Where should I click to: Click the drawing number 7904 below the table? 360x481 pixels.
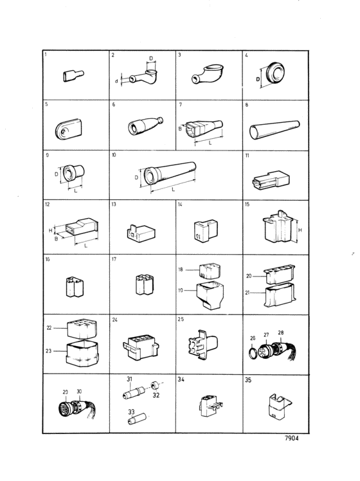pyautogui.click(x=291, y=438)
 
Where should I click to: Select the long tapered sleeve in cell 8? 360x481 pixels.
pyautogui.click(x=274, y=130)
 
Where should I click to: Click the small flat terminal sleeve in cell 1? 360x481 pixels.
pyautogui.click(x=73, y=76)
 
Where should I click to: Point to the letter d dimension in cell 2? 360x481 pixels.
pyautogui.click(x=116, y=81)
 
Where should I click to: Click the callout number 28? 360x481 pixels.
pyautogui.click(x=280, y=332)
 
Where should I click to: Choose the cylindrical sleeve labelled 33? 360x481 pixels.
pyautogui.click(x=137, y=419)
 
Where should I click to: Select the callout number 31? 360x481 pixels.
pyautogui.click(x=129, y=379)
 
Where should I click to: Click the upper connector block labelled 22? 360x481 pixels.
pyautogui.click(x=82, y=329)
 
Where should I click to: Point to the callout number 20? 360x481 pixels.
pyautogui.click(x=249, y=276)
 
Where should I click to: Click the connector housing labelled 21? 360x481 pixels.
pyautogui.click(x=280, y=295)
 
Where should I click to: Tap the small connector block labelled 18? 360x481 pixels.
pyautogui.click(x=210, y=271)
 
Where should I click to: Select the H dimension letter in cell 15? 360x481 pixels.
pyautogui.click(x=300, y=230)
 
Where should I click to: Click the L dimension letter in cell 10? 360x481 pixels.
pyautogui.click(x=174, y=190)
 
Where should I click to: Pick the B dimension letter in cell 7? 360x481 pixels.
pyautogui.click(x=180, y=129)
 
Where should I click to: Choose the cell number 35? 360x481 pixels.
pyautogui.click(x=248, y=380)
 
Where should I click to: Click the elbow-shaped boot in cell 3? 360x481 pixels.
pyautogui.click(x=208, y=74)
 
